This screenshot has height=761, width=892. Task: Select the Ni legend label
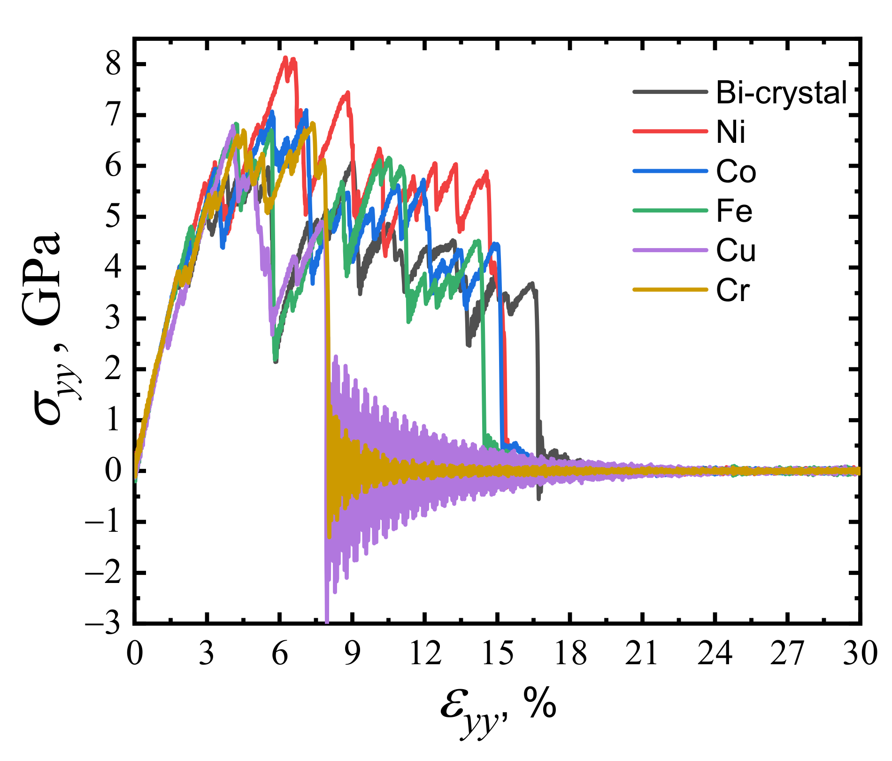pos(731,132)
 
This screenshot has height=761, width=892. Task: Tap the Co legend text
pos(736,172)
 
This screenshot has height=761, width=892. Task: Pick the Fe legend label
pos(734,211)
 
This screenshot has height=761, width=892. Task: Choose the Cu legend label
pos(736,251)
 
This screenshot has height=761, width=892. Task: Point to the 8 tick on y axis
pos(113,64)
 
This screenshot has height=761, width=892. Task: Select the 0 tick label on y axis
pos(113,471)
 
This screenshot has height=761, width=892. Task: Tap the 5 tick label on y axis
pos(113,217)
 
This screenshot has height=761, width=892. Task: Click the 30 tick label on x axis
pos(860,654)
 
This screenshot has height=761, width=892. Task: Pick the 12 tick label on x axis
pos(425,654)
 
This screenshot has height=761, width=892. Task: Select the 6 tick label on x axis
pos(280,654)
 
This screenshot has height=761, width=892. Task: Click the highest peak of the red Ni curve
pos(285,58)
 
